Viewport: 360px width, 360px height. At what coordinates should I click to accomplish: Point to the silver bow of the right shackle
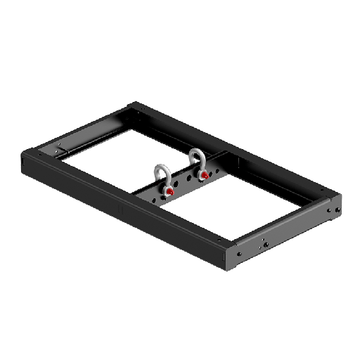click(x=195, y=157)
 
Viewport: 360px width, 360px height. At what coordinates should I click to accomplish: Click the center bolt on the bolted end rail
click(x=266, y=244)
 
